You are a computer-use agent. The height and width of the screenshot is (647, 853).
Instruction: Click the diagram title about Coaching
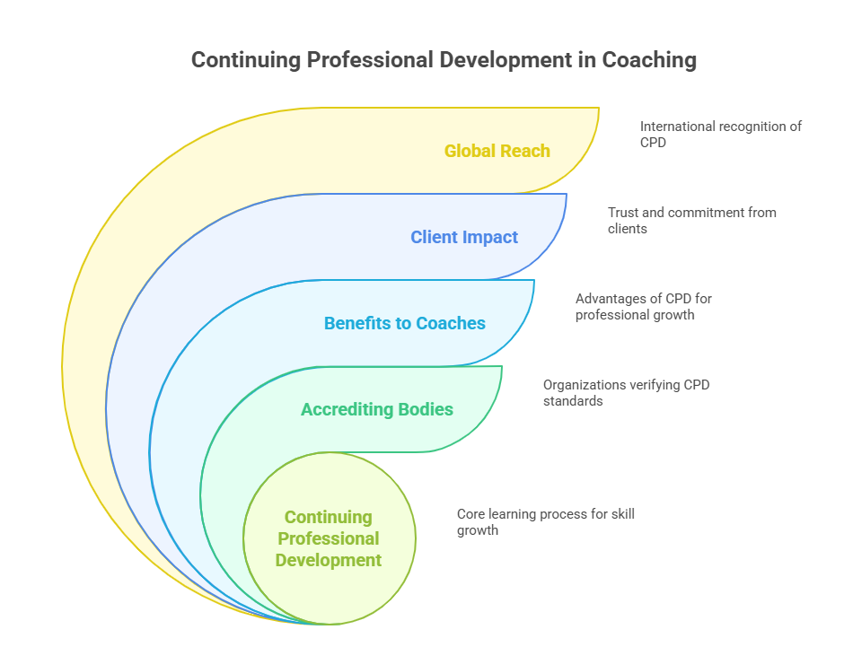pos(444,60)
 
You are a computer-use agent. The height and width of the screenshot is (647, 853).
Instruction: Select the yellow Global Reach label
pos(497,151)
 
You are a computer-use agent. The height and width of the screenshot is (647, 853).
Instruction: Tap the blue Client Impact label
pos(464,237)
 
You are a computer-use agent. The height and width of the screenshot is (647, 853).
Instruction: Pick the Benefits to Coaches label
pos(404,323)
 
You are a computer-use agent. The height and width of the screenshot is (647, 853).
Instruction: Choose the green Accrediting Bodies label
pos(376,409)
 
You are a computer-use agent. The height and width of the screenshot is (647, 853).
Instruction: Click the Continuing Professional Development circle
pos(329,538)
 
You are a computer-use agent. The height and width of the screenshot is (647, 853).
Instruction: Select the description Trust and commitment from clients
pos(691,220)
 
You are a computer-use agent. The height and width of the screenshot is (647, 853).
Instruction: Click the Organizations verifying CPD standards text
pos(627,392)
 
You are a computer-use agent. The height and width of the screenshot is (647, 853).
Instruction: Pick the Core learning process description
pos(545,521)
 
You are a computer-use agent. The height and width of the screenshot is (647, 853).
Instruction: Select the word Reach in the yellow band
pos(526,151)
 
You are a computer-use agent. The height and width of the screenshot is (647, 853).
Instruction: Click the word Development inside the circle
pos(329,560)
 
